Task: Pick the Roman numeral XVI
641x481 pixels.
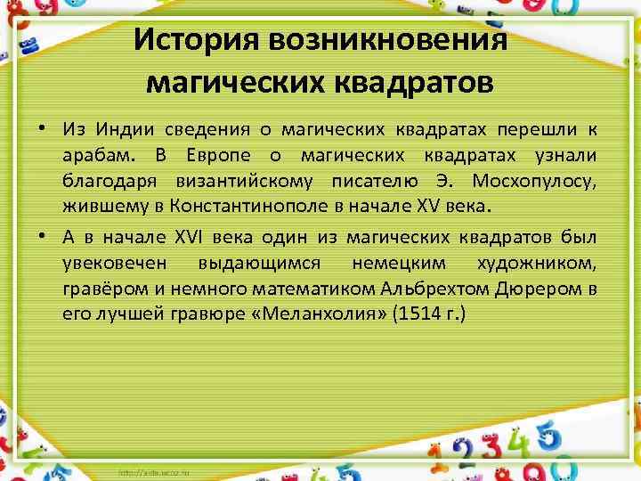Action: pyautogui.click(x=182, y=238)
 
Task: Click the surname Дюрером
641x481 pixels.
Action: pyautogui.click(x=535, y=289)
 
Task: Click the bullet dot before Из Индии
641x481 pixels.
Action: pyautogui.click(x=42, y=130)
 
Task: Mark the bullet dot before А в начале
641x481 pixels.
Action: pyautogui.click(x=42, y=238)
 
